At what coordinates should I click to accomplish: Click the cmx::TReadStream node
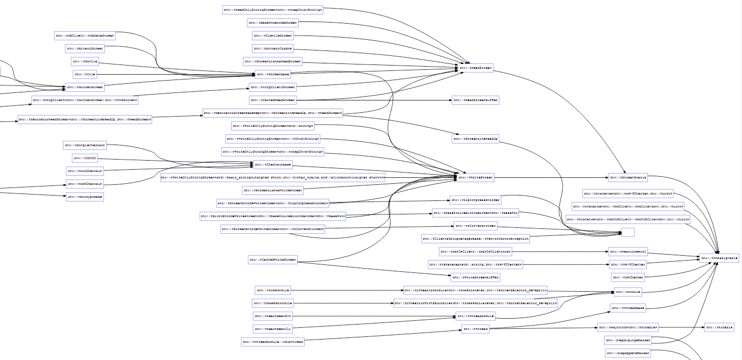475,68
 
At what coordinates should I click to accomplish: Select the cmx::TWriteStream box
475,177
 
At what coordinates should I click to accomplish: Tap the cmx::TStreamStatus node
628,177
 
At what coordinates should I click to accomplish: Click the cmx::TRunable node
718,327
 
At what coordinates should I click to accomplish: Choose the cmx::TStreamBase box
273,74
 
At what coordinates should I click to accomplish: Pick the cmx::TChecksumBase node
273,164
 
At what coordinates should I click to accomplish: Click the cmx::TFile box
85,74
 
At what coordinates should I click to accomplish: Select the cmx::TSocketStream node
85,87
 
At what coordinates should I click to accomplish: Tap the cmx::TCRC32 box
85,159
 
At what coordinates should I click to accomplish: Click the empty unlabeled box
628,232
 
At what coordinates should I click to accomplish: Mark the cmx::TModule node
628,292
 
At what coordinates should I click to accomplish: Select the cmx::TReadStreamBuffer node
476,100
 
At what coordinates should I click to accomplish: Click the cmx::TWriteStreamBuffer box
476,277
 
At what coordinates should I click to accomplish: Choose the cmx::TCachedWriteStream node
273,260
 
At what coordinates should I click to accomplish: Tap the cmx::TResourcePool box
628,251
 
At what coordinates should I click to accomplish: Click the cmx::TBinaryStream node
85,48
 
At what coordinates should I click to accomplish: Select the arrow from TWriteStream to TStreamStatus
548,177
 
